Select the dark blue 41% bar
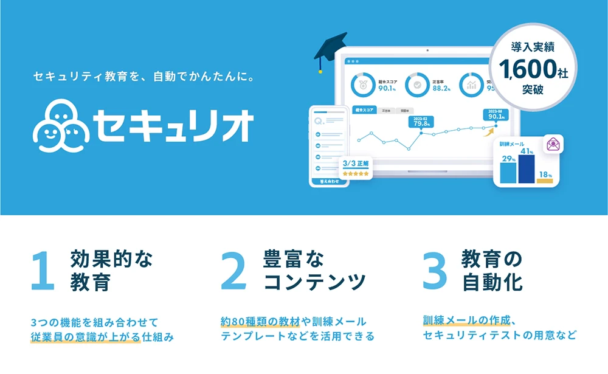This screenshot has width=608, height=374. pos(526,168)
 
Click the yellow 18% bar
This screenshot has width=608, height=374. pos(545,180)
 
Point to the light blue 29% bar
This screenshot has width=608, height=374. pos(508,173)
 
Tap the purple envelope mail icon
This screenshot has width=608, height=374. pos(553,144)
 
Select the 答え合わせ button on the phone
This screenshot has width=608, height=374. pos(328,181)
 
